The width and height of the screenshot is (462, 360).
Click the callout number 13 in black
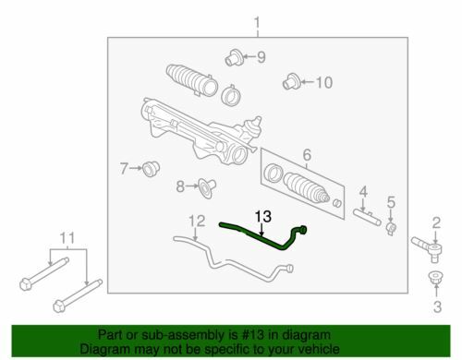click(x=263, y=217)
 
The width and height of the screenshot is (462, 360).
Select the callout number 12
click(x=197, y=221)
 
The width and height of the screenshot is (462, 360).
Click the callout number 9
click(x=261, y=57)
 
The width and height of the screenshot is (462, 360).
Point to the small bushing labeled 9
click(x=234, y=57)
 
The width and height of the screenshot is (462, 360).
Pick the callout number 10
click(x=324, y=82)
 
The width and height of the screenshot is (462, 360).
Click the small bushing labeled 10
click(x=292, y=81)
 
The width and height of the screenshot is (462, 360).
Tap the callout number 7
click(x=124, y=169)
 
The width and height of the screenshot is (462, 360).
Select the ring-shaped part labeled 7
click(x=151, y=168)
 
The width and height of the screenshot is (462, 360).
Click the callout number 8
click(x=180, y=186)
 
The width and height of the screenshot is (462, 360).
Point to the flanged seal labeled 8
click(x=207, y=187)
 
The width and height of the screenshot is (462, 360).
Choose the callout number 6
click(x=307, y=155)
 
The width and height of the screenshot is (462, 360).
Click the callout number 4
click(x=363, y=192)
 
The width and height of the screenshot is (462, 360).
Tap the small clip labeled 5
click(x=391, y=228)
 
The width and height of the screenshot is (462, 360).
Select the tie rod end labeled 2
click(x=428, y=247)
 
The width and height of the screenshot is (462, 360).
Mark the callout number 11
click(x=67, y=238)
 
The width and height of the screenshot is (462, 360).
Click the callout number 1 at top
click(x=257, y=23)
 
